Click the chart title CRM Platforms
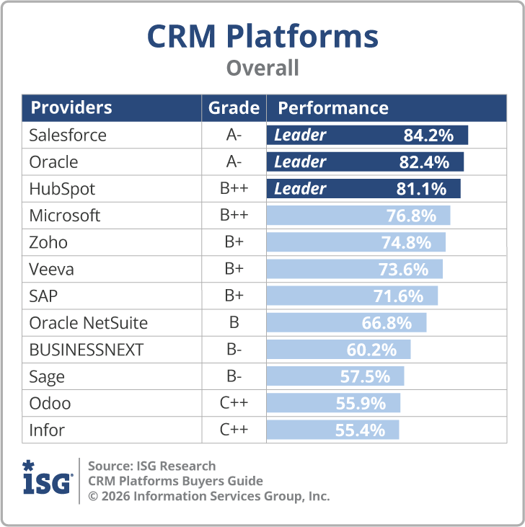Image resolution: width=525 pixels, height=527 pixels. click(x=262, y=37)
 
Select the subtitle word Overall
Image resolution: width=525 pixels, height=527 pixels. click(x=262, y=68)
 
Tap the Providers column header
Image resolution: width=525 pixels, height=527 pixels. click(x=71, y=108)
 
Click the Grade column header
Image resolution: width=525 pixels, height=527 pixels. click(x=234, y=108)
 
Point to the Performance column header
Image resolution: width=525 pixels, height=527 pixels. click(x=333, y=108)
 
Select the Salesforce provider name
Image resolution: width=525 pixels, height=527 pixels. click(x=68, y=135)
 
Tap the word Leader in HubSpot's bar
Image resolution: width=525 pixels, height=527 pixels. click(x=300, y=189)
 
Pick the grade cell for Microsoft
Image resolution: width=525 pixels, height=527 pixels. click(x=234, y=216)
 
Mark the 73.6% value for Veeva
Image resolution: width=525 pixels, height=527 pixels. click(x=403, y=270)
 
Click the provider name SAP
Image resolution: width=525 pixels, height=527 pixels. click(x=44, y=296)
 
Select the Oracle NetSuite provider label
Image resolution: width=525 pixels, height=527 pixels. click(x=88, y=323)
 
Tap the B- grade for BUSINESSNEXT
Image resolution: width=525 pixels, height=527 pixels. click(x=234, y=350)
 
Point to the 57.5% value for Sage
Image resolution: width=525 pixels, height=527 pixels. click(x=365, y=376)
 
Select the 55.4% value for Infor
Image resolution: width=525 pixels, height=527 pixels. click(x=360, y=430)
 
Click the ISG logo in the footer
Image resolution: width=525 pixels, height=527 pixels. click(x=48, y=479)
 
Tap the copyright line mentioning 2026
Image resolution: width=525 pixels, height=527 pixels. click(x=208, y=496)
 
